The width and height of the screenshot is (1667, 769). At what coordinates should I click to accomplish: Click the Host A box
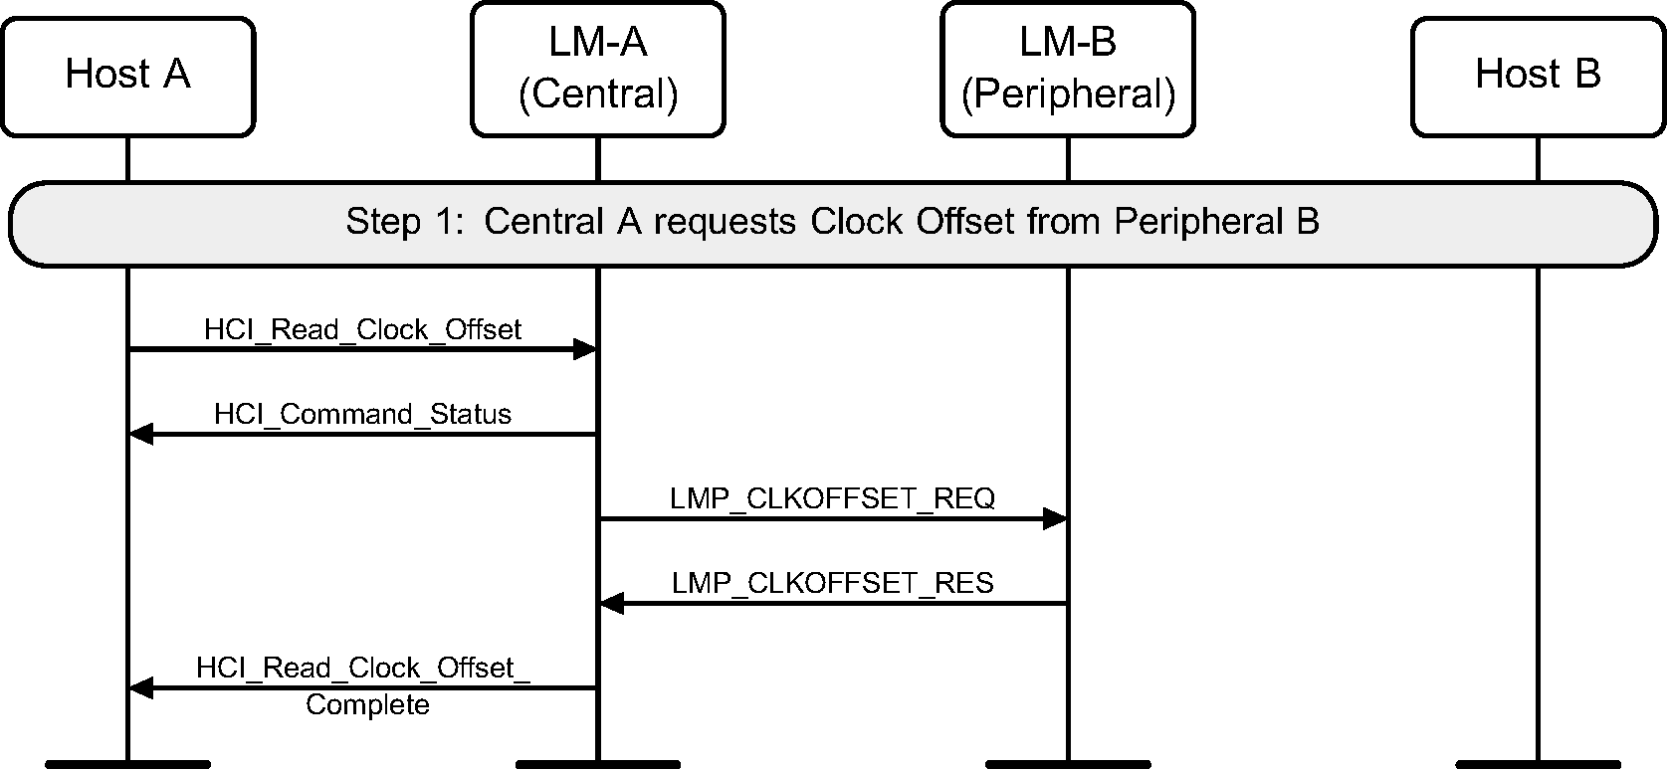point(127,76)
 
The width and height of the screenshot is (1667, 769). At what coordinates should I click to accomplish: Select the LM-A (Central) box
point(597,69)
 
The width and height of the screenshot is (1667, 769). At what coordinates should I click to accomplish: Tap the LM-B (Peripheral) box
point(1068,69)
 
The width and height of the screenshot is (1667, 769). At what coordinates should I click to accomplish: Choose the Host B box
point(1538,76)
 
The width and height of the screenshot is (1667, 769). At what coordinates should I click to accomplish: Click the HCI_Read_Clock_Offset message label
point(362,329)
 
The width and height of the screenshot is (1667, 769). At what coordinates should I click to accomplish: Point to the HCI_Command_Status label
point(362,414)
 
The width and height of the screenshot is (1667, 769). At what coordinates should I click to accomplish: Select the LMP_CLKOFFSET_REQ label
point(832,498)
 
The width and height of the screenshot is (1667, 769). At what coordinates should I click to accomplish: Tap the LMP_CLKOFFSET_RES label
point(832,583)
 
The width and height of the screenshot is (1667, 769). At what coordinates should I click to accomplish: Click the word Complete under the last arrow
point(367,705)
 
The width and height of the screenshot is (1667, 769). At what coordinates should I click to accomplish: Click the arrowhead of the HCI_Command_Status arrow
point(141,434)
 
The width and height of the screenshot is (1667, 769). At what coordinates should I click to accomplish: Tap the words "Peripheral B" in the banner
point(1216,221)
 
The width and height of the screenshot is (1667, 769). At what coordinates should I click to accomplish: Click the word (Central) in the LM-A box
point(597,95)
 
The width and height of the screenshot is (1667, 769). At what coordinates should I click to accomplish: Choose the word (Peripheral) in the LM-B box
point(1068,95)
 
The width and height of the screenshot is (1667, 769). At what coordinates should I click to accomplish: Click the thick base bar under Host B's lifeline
point(1538,764)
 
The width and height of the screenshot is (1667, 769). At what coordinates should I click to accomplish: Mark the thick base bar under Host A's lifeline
point(127,764)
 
